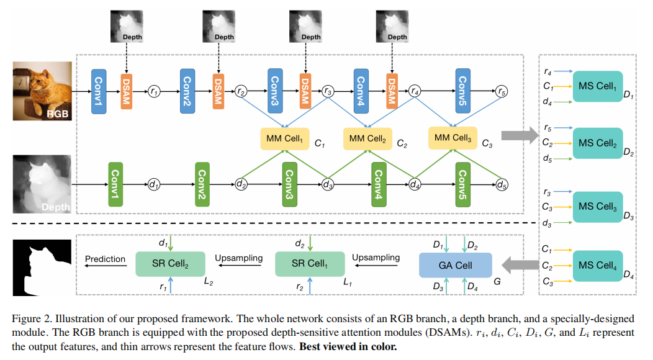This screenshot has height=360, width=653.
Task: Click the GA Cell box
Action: [x=455, y=265]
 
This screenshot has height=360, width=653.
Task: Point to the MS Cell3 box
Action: [x=598, y=206]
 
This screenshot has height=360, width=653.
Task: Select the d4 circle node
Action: [x=414, y=184]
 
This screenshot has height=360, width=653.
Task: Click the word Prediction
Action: [x=105, y=259]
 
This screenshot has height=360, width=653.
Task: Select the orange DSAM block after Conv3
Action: [x=305, y=91]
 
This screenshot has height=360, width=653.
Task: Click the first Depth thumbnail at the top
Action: [x=127, y=26]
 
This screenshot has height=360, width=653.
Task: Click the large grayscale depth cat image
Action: [x=42, y=184]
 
